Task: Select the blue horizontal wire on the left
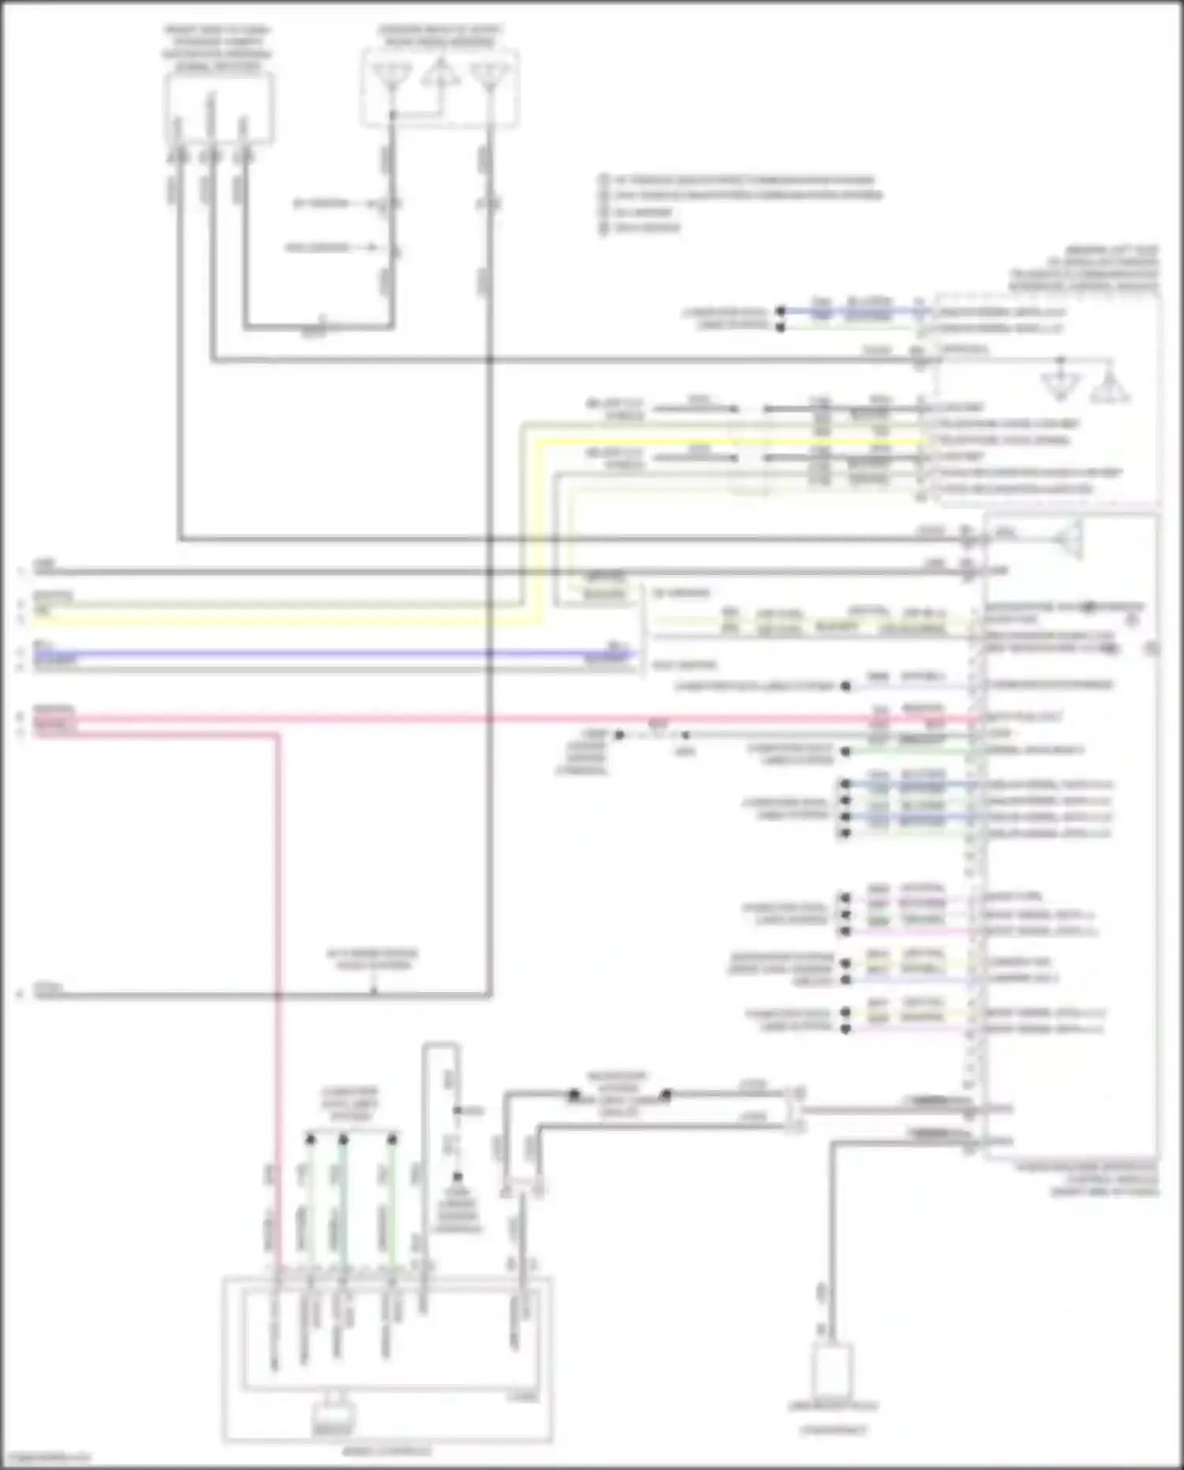tap(316, 654)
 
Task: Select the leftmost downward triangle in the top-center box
tap(392, 76)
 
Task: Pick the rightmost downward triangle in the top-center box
tap(489, 76)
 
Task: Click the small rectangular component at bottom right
tap(832, 1371)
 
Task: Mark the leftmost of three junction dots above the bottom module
tap(310, 1139)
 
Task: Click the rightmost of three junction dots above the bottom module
tap(392, 1139)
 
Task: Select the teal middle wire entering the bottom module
tap(343, 1209)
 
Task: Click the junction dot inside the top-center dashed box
tap(392, 116)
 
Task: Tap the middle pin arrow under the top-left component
tap(211, 156)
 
